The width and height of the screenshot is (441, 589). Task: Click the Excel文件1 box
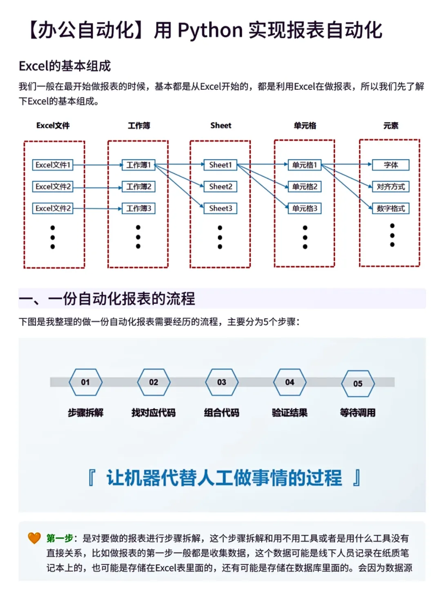tap(53, 165)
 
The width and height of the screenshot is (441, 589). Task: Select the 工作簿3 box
tap(138, 209)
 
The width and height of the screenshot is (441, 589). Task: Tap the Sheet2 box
tap(220, 187)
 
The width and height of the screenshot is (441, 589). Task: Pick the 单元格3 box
tap(305, 209)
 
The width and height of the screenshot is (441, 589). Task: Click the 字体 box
tap(391, 165)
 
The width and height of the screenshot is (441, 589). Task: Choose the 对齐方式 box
tap(391, 187)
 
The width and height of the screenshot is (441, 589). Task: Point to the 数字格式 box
tap(391, 209)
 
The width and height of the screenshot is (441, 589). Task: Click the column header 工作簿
tap(139, 125)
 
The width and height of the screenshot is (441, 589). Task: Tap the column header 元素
tap(391, 125)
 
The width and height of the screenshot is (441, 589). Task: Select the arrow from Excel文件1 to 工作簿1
tap(98, 165)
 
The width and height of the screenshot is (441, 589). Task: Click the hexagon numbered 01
tap(85, 382)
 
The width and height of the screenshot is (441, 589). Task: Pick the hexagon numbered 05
tap(358, 384)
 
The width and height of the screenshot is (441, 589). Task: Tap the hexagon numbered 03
tap(221, 382)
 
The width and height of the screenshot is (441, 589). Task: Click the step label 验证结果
tap(290, 413)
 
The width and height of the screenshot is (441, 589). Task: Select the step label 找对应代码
tap(153, 413)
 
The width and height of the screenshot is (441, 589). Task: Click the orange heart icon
tap(34, 538)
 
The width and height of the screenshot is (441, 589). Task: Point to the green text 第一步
tap(60, 538)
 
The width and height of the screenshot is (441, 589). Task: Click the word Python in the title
tap(210, 31)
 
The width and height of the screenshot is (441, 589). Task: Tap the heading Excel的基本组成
tap(65, 66)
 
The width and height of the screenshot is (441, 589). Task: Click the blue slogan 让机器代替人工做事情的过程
tap(224, 478)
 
